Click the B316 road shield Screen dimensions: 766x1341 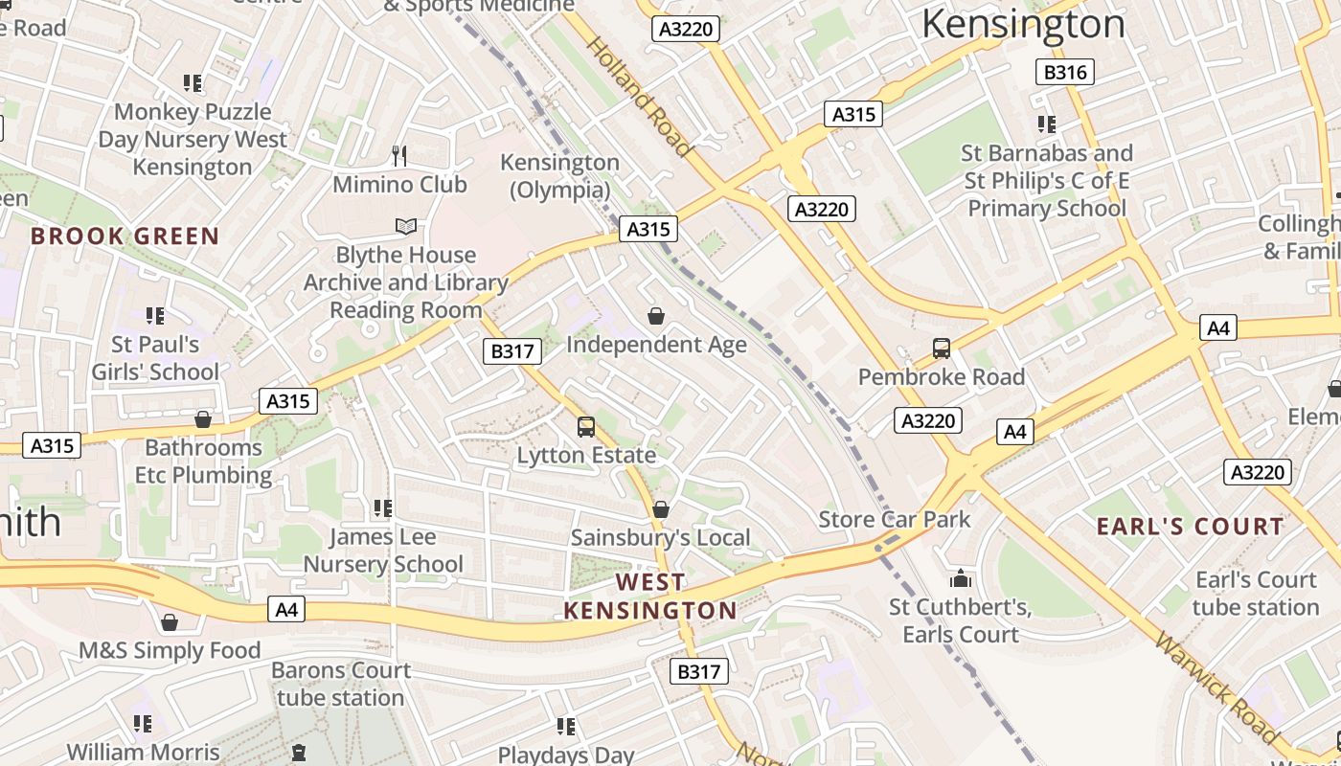coord(1064,72)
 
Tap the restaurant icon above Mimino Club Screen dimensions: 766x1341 coord(399,155)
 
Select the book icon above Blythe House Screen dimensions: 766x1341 coord(406,227)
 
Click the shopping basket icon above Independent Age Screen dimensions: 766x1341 coord(656,315)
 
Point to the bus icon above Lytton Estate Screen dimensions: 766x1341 coord(585,426)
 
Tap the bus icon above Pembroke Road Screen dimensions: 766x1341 coord(942,349)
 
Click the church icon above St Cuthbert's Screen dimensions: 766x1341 coord(960,578)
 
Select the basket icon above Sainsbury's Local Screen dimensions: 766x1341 coord(660,509)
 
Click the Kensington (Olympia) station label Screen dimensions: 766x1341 coord(559,176)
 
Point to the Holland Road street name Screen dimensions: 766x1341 coord(639,96)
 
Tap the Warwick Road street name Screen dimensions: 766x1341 coord(1216,687)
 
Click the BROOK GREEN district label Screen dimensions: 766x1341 coord(125,237)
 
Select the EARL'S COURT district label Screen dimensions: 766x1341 coord(1190,527)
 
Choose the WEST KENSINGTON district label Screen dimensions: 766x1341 coord(650,596)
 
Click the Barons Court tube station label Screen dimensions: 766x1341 coord(341,684)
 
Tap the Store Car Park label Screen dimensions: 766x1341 coord(895,520)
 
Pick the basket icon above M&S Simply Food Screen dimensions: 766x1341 coord(170,623)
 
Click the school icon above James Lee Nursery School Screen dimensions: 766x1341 coord(383,507)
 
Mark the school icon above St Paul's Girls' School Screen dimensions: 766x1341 coord(155,315)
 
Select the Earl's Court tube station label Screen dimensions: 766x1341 coord(1256,594)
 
